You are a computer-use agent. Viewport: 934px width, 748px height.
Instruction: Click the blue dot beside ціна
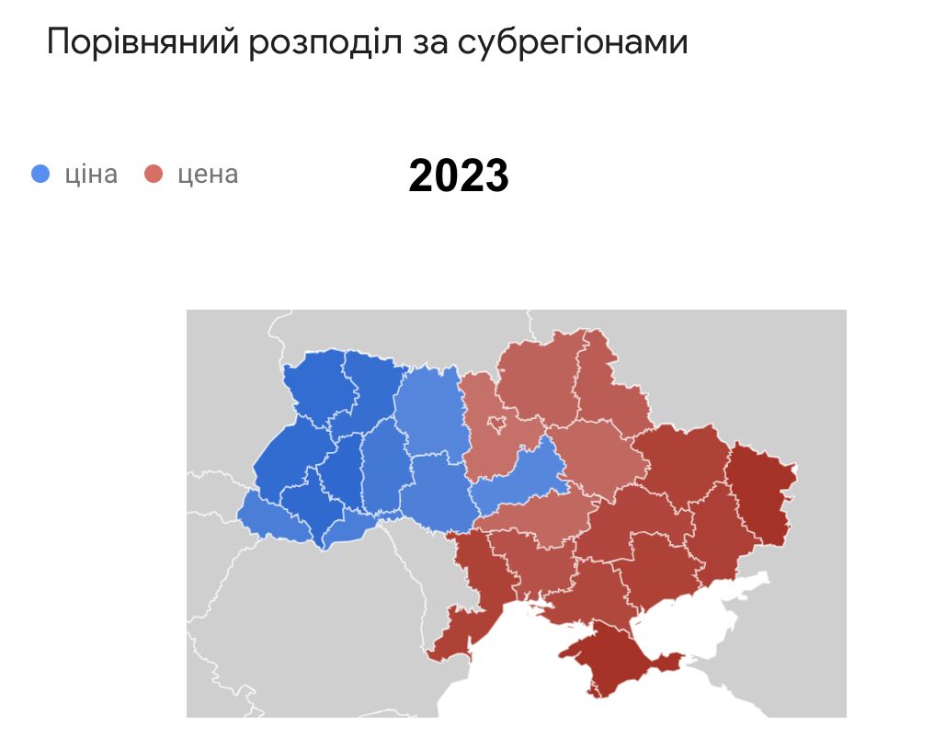point(40,174)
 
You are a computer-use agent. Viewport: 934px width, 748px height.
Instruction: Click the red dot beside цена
point(154,174)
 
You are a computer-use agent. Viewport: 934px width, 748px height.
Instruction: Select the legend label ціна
point(91,174)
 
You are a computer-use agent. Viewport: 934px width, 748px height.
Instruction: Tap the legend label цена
point(208,174)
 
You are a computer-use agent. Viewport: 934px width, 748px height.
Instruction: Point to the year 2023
point(459,175)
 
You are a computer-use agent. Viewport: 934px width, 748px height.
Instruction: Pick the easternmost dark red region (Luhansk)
point(761,492)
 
